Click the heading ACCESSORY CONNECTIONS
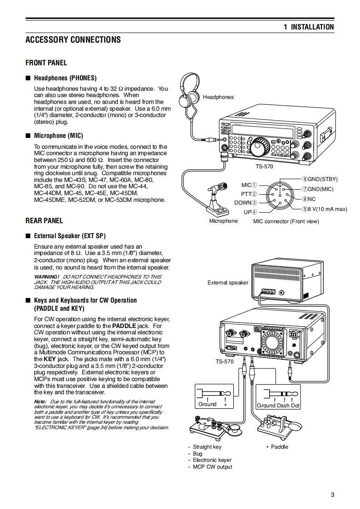point(73,39)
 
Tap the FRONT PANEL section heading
point(46,63)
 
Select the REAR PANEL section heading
point(44,220)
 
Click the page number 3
point(332,494)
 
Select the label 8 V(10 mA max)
point(325,209)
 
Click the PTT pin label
point(249,194)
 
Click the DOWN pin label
point(246,203)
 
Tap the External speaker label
point(228,283)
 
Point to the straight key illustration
point(213,426)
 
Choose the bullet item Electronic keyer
point(212,460)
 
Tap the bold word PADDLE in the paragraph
point(124,326)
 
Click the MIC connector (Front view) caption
point(286,221)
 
